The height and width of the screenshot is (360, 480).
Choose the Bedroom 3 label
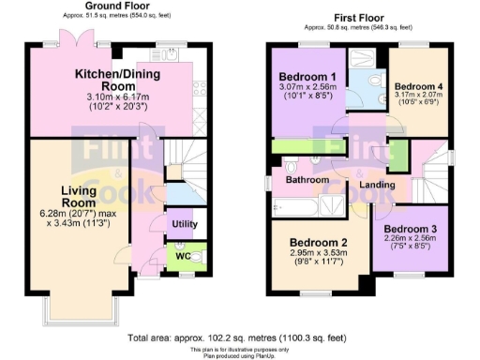(x=410, y=229)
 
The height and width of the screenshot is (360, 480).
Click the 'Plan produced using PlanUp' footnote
(x=240, y=353)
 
